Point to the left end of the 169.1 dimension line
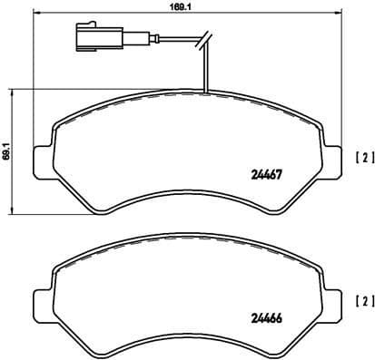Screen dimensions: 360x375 tap(34, 14)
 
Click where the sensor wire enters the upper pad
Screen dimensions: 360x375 tap(207, 92)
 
